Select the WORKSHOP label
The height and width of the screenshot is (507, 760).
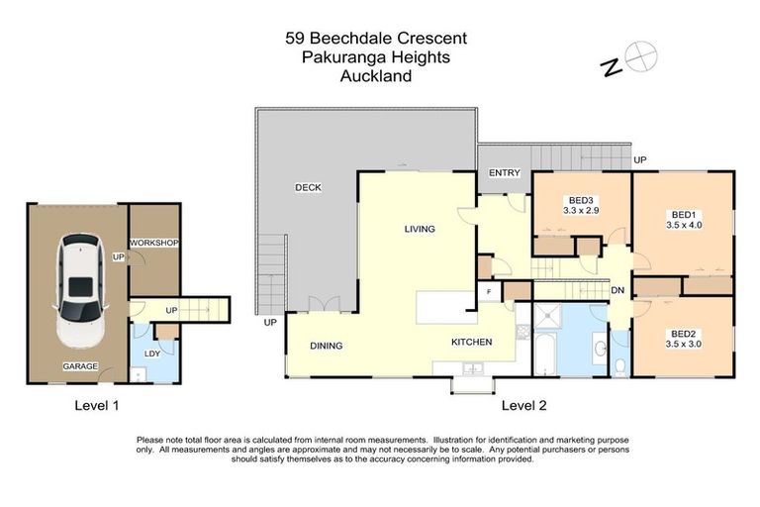tap(152, 244)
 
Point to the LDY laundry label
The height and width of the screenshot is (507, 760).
tap(152, 354)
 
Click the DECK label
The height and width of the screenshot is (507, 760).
tap(308, 187)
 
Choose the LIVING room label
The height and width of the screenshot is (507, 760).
tap(420, 229)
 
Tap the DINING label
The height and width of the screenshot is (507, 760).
tap(326, 346)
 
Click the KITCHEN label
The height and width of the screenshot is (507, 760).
tap(471, 342)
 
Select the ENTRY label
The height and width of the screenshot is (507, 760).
tap(504, 173)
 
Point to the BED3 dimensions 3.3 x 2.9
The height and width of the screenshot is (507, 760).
tap(582, 210)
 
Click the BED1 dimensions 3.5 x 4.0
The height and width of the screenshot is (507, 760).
tap(684, 225)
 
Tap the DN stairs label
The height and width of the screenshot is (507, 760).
tap(617, 291)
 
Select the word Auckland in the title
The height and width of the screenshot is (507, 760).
tap(375, 75)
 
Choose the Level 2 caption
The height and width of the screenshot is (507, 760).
tap(523, 404)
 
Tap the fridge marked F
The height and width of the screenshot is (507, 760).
tap(489, 292)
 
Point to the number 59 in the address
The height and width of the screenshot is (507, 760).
tap(294, 39)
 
